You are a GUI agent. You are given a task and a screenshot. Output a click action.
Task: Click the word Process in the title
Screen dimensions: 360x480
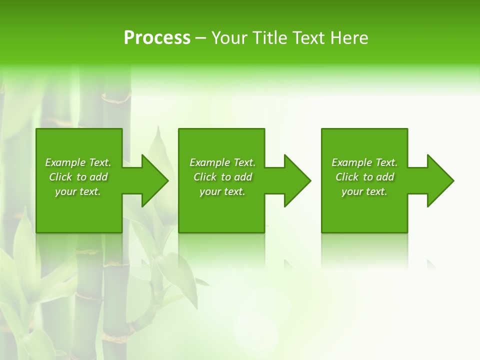click(x=157, y=38)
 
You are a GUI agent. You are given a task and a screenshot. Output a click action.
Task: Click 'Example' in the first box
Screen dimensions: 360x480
click(x=65, y=162)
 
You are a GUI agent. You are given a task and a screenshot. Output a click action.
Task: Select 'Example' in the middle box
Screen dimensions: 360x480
click(x=209, y=162)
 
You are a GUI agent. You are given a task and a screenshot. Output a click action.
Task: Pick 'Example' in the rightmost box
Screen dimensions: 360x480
click(x=351, y=162)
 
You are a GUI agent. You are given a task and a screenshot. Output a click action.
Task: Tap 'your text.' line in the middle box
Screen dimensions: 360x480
click(x=222, y=191)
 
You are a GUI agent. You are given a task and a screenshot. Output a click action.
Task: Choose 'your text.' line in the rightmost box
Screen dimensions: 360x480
click(x=364, y=191)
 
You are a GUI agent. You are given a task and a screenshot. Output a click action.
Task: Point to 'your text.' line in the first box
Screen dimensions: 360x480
click(x=78, y=191)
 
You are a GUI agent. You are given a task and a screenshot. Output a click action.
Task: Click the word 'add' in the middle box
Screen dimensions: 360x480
click(x=243, y=177)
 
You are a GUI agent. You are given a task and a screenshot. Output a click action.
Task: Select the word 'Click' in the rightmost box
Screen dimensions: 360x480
click(x=347, y=177)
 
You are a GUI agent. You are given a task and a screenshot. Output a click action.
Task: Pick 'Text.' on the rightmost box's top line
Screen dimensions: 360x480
click(x=386, y=162)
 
